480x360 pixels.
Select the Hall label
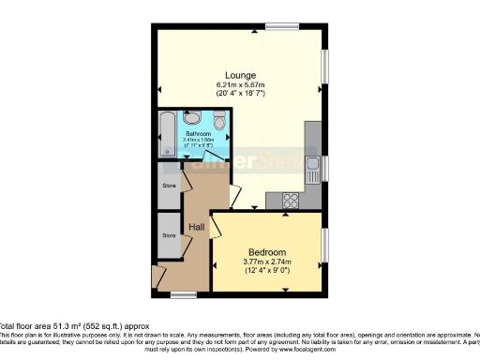(x=198, y=228)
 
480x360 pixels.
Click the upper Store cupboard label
(x=169, y=185)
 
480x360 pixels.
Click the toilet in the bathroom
(x=218, y=122)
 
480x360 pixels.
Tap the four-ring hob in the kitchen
(x=290, y=199)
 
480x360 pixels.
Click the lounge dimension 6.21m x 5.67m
(x=240, y=85)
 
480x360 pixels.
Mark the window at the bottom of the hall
(x=184, y=294)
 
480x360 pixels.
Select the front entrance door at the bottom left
(x=158, y=276)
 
